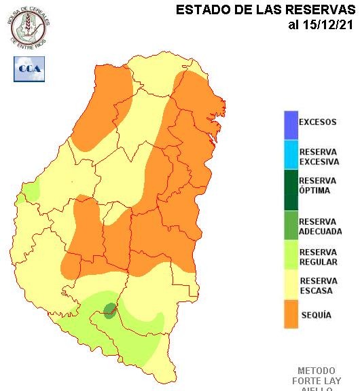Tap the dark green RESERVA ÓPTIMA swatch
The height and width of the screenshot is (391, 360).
(x=291, y=189)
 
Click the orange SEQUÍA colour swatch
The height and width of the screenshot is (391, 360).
(x=291, y=315)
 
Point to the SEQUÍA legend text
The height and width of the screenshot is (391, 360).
(x=316, y=316)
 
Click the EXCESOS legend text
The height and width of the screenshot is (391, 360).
(x=318, y=123)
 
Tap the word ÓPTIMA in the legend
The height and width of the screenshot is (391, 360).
(x=314, y=191)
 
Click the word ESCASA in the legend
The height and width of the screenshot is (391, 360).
(x=316, y=291)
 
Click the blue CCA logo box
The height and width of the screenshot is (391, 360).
(x=29, y=69)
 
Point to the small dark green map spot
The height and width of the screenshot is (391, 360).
(x=109, y=311)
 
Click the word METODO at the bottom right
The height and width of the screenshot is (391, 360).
(x=317, y=371)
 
